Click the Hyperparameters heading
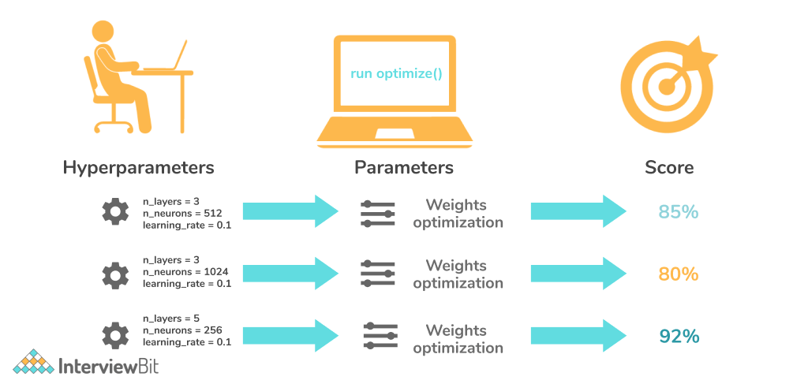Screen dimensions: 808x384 (x=138, y=168)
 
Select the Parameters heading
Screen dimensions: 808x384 (x=404, y=167)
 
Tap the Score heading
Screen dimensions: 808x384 (x=669, y=167)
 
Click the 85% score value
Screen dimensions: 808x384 (x=678, y=211)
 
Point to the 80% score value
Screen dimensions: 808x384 (x=678, y=274)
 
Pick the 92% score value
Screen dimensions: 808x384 (x=679, y=337)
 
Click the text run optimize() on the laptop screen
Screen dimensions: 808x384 (x=396, y=73)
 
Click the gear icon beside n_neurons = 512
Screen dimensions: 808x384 (x=115, y=211)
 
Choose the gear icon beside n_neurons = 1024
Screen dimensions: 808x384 (x=115, y=275)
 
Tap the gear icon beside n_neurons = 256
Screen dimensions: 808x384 (x=115, y=336)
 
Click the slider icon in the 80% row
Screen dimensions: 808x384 (x=378, y=274)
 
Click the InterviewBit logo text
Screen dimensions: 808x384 (x=108, y=366)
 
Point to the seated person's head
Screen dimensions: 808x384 (x=103, y=32)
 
